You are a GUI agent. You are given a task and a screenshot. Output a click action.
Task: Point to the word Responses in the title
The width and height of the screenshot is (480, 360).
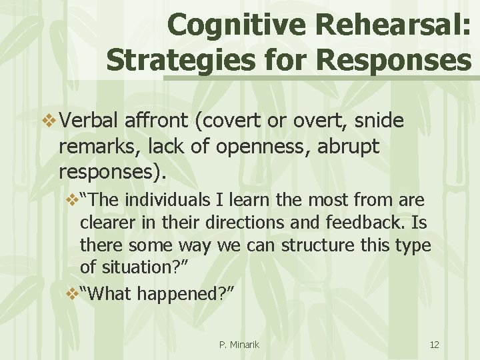394,60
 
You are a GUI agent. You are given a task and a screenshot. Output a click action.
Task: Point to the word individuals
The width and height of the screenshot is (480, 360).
176,199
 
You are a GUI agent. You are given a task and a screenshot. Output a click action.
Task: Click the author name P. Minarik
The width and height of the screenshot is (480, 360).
239,345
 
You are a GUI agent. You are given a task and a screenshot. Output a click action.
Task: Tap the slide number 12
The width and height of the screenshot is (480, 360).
435,345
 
